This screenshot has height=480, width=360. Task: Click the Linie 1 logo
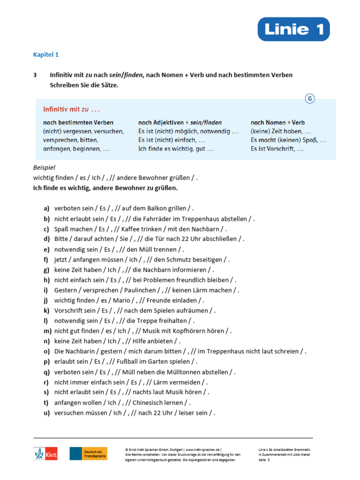click(293, 29)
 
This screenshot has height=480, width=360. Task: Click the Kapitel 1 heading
click(45, 54)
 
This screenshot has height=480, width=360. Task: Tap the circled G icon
click(309, 98)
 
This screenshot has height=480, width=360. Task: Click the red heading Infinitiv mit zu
click(72, 109)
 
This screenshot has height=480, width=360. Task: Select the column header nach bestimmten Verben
click(78, 122)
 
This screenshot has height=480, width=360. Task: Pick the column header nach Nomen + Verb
click(277, 122)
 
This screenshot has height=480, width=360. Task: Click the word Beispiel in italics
click(45, 167)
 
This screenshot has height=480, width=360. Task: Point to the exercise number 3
click(35, 75)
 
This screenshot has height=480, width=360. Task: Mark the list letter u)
click(46, 412)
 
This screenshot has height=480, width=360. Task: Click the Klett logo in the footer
click(45, 453)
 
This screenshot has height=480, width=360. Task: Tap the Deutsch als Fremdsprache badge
click(89, 453)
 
